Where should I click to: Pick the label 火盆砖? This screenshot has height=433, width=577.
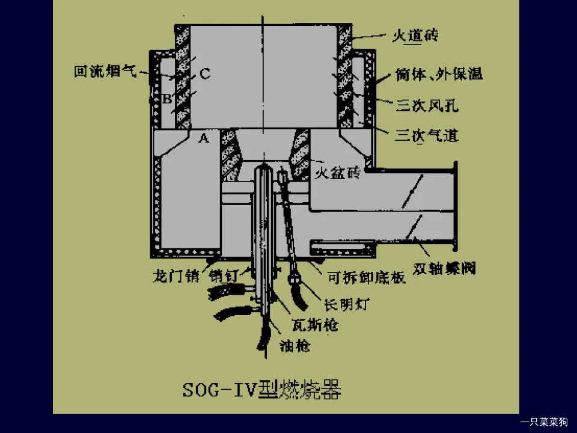click(337, 174)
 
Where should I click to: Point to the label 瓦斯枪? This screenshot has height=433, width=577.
click(314, 325)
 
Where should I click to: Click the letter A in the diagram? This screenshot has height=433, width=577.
click(204, 139)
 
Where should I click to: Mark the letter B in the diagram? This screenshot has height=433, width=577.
click(168, 98)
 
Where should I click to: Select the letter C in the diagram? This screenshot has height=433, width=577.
click(204, 74)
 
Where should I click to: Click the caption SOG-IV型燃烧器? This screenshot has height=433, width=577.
click(262, 391)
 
